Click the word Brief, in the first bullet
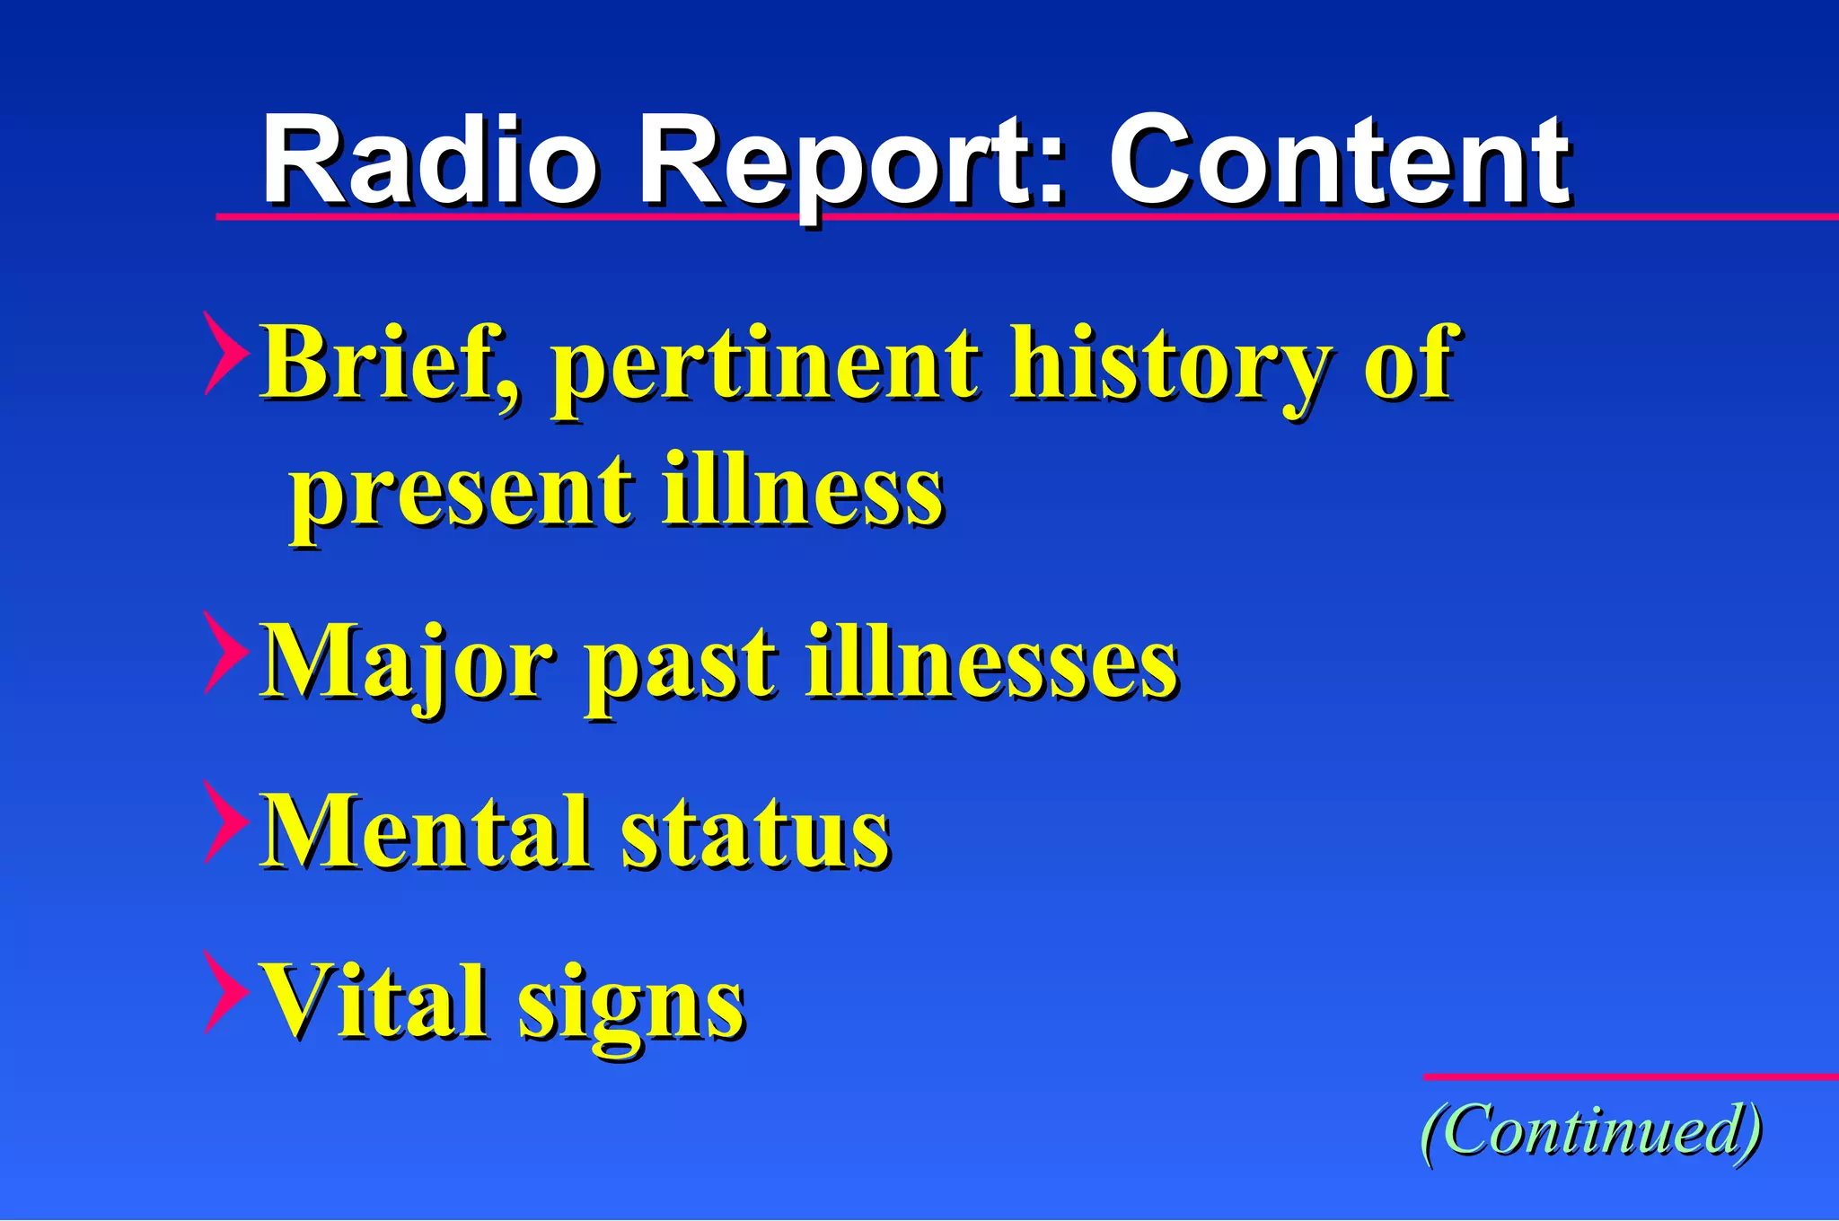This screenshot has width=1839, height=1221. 390,364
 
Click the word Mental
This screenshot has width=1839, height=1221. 426,830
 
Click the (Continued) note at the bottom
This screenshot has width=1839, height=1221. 1590,1131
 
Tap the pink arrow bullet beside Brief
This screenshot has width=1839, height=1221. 224,354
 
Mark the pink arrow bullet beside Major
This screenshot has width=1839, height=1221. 224,653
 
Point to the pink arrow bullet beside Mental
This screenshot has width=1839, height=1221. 224,821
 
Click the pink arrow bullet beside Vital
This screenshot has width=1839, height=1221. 224,991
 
